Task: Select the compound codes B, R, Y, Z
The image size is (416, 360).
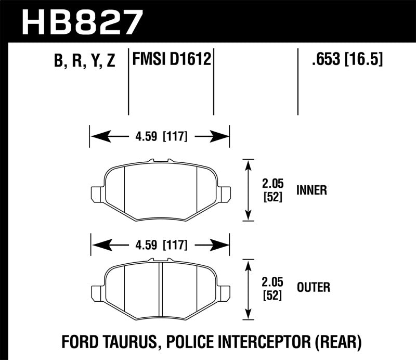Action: pyautogui.click(x=84, y=61)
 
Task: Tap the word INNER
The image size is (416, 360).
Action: pyautogui.click(x=311, y=190)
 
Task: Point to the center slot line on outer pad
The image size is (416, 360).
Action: pyautogui.click(x=161, y=289)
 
